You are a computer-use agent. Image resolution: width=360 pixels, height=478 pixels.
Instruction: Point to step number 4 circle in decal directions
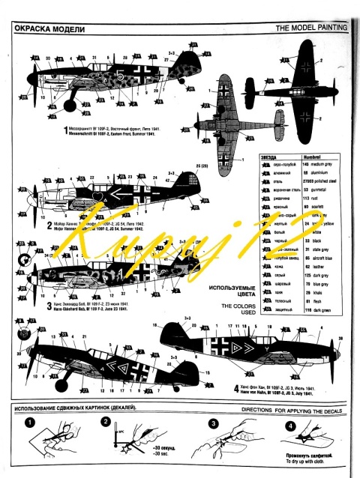click(290, 425)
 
